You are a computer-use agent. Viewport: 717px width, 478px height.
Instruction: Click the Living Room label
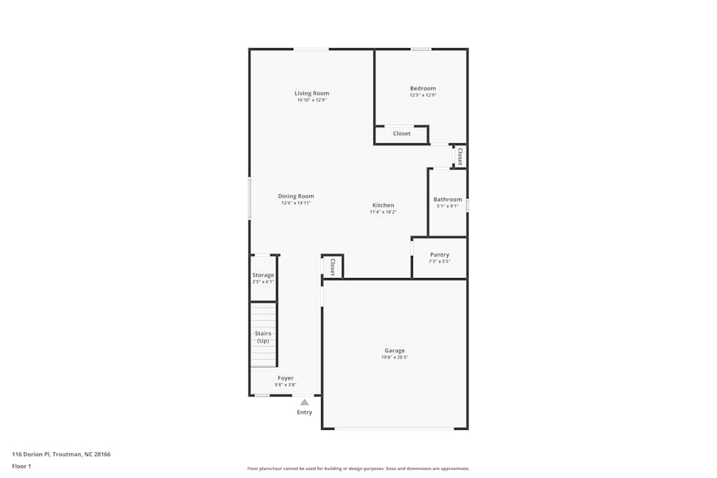312,93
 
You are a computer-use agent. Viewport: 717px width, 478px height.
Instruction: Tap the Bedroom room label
423,89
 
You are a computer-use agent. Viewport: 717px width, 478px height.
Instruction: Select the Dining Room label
296,196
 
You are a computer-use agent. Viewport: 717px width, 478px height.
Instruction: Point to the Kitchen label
383,205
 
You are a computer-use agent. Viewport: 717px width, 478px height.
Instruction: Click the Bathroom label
447,199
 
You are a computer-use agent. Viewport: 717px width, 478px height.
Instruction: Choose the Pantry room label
440,254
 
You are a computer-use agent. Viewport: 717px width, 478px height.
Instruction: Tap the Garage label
394,350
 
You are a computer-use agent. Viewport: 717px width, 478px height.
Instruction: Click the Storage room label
263,275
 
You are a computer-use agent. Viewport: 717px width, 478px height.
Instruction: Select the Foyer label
285,378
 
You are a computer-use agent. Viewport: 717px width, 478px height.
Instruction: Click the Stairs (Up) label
263,337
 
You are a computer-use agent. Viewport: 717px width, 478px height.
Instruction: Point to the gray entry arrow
305,402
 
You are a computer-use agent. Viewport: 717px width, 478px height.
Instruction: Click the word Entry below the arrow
305,412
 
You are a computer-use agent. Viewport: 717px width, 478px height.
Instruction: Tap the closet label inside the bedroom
402,133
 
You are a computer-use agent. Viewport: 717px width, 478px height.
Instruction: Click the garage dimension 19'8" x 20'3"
394,357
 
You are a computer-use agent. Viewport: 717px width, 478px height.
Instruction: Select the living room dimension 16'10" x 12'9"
312,100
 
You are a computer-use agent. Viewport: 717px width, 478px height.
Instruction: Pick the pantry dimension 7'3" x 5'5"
440,262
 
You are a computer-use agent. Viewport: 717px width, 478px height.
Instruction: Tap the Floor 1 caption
22,466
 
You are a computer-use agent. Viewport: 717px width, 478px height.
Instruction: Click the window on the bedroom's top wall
421,49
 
